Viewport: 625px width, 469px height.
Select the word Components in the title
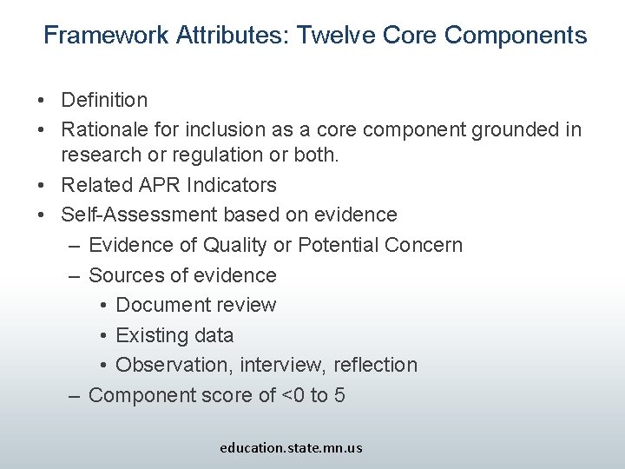[x=516, y=36]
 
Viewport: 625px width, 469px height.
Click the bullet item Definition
[x=104, y=101]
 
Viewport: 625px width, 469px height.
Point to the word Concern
[x=423, y=245]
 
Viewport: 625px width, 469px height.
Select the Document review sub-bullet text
[x=195, y=305]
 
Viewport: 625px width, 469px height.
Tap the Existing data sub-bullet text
[x=174, y=335]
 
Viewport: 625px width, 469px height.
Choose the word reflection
[x=375, y=365]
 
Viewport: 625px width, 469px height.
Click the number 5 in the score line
[x=339, y=395]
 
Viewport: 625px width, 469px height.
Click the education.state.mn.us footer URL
[x=291, y=448]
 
